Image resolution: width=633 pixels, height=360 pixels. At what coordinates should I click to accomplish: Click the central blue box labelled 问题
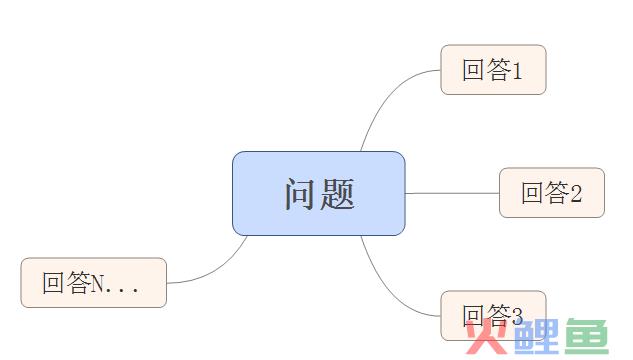[x=318, y=193]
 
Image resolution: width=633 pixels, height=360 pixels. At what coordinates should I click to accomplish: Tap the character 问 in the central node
[x=299, y=194]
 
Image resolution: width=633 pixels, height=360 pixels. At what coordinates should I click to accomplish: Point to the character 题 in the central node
[x=338, y=194]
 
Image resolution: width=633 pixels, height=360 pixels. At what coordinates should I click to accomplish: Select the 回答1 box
[x=493, y=69]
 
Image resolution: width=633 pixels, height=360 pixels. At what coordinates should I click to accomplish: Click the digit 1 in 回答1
[x=517, y=70]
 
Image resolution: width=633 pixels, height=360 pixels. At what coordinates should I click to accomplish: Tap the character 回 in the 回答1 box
[x=473, y=70]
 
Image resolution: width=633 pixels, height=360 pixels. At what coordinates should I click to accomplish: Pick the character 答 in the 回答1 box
[x=497, y=70]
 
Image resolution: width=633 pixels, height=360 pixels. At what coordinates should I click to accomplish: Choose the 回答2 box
[x=552, y=192]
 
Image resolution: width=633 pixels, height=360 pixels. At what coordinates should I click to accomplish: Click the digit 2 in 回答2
[x=576, y=193]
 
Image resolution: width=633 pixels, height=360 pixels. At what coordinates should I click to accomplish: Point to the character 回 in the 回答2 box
[x=532, y=193]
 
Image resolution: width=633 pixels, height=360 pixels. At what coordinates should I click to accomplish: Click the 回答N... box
[x=93, y=282]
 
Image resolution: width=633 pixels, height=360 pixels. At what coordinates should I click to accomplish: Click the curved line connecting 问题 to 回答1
[x=385, y=99]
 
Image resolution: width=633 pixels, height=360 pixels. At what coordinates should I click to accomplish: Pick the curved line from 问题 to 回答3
[x=385, y=286]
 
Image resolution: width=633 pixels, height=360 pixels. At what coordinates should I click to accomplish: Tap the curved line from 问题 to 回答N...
[x=215, y=269]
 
